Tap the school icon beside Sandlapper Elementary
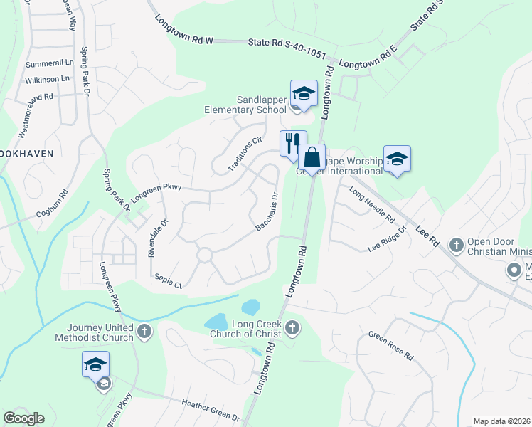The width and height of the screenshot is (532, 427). pyautogui.click(x=304, y=94)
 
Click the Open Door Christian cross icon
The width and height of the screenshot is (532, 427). pyautogui.click(x=456, y=244)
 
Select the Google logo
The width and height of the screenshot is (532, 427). pyautogui.click(x=24, y=418)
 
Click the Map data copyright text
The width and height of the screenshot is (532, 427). pyautogui.click(x=501, y=421)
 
